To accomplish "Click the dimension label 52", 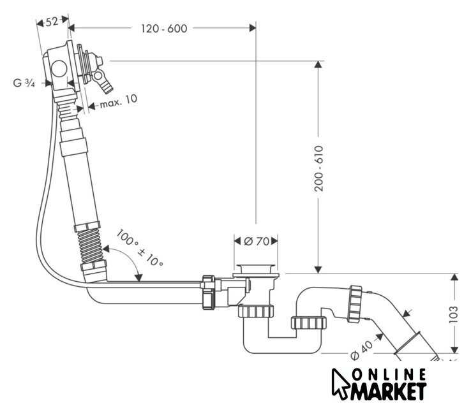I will click(x=52, y=22).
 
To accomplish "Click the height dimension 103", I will click(x=454, y=313).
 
